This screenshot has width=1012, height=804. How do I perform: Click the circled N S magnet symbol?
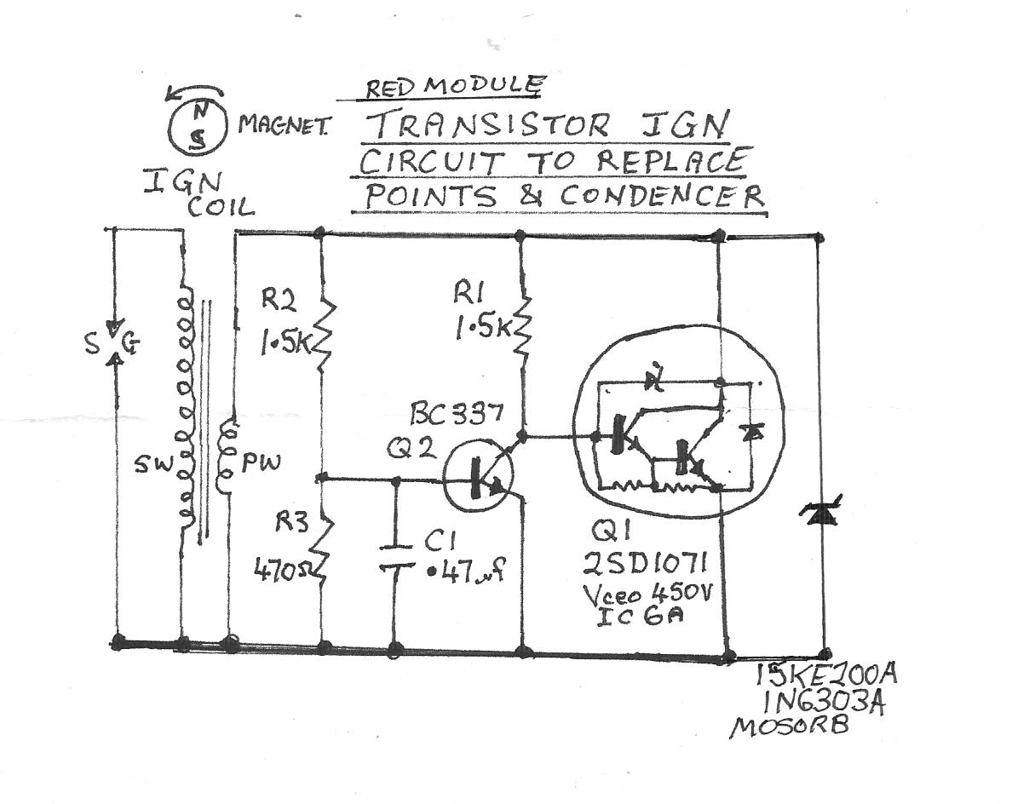click(x=196, y=126)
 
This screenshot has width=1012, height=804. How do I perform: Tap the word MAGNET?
click(x=285, y=125)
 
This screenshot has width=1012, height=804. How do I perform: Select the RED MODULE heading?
click(x=453, y=86)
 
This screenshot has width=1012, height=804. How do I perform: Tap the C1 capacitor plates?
click(x=394, y=554)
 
